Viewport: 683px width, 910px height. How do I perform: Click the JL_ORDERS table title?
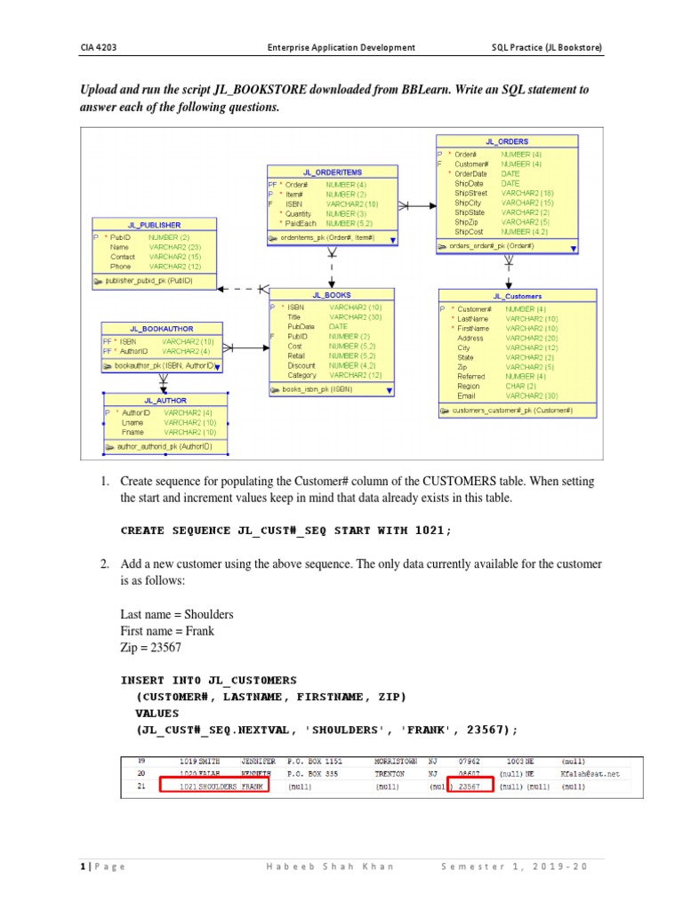click(x=507, y=141)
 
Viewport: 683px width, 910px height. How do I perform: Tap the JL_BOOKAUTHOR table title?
click(x=161, y=329)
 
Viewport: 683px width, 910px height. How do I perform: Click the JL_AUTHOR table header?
click(x=166, y=401)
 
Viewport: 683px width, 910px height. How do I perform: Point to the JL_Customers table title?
click(x=517, y=296)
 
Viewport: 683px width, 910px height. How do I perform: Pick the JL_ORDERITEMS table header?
click(x=332, y=172)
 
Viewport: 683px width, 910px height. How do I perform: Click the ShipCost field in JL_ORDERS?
click(x=469, y=232)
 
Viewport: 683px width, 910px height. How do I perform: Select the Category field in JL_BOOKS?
click(x=301, y=375)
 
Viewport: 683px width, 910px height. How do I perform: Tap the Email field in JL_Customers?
click(x=467, y=395)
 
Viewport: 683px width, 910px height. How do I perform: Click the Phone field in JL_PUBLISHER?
click(x=120, y=267)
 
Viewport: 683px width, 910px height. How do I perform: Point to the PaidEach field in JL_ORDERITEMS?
click(x=301, y=224)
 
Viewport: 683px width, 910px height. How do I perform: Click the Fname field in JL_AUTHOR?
click(x=133, y=433)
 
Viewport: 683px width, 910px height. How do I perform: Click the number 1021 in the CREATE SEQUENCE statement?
click(x=429, y=531)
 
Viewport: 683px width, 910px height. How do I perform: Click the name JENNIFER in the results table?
click(x=258, y=762)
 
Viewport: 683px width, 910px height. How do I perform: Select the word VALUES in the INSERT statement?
click(x=157, y=713)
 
